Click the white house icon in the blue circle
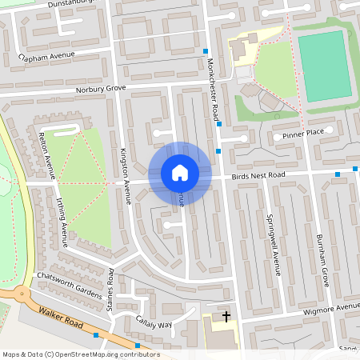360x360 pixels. click(x=180, y=173)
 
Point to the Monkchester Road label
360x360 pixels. click(x=213, y=85)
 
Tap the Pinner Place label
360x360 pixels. click(x=303, y=132)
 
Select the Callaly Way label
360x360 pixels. click(x=154, y=324)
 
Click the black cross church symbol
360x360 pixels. click(x=226, y=317)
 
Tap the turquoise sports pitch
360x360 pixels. click(x=324, y=65)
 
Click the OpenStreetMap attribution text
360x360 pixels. click(x=81, y=354)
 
